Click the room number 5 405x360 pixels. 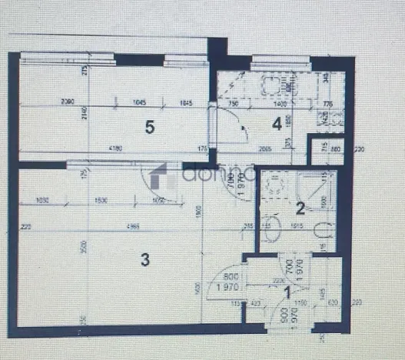tap(150, 128)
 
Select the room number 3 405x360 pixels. tap(144, 259)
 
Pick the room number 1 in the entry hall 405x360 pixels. tap(287, 292)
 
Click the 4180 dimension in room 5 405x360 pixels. tap(116, 148)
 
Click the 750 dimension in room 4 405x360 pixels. tap(234, 103)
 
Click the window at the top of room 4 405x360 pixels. tap(281, 58)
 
